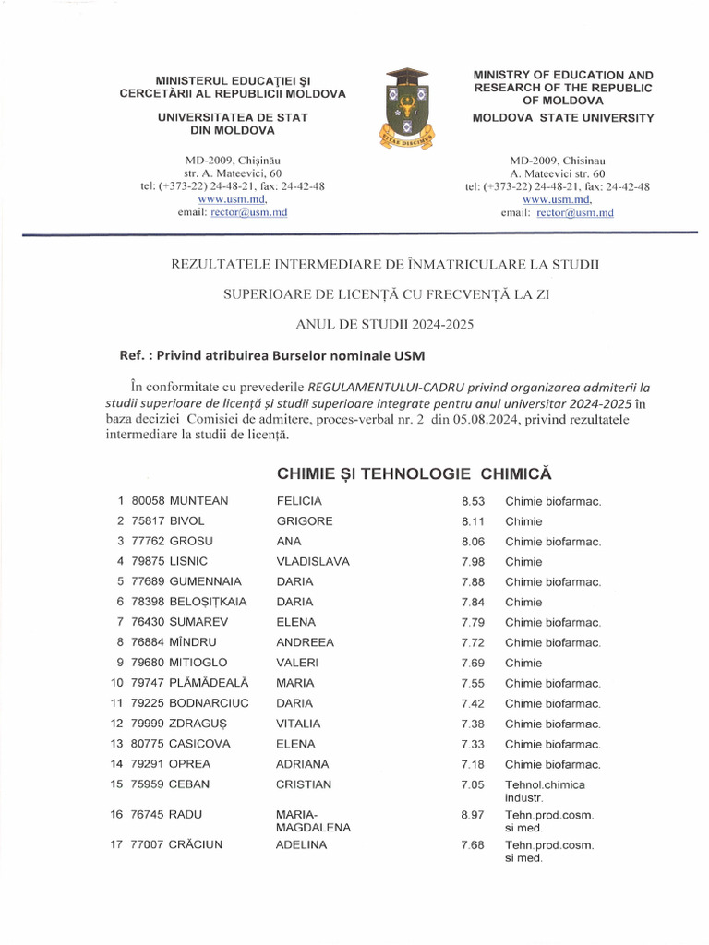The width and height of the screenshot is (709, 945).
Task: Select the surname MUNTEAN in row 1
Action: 199,501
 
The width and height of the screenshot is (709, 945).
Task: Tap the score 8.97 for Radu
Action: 473,815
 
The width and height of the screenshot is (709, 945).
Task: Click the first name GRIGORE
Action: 305,521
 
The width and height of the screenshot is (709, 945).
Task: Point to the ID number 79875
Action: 149,562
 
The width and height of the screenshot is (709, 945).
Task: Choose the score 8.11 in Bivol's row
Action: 473,521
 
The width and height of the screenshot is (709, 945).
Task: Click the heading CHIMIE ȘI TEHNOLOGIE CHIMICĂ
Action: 414,473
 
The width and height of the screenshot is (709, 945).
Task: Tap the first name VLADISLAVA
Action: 313,562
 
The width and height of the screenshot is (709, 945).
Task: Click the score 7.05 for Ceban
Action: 473,785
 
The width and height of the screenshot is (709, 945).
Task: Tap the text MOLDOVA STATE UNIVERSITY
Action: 563,118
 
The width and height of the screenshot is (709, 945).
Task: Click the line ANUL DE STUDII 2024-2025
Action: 385,324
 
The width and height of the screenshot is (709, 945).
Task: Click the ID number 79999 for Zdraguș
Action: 149,724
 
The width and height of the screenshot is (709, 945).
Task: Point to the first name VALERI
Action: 297,664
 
